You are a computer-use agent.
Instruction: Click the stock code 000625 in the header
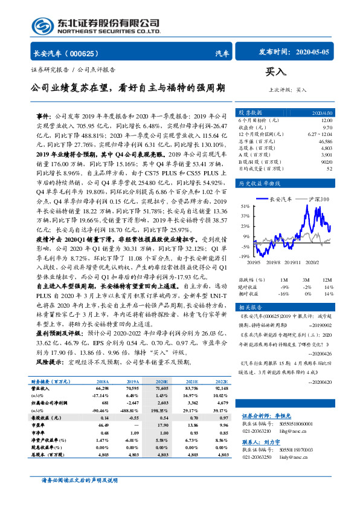coord(89,54)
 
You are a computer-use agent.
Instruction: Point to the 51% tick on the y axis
coord(244,207)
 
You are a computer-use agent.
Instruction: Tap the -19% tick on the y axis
coord(243,256)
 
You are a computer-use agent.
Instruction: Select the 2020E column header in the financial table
coord(162,382)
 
